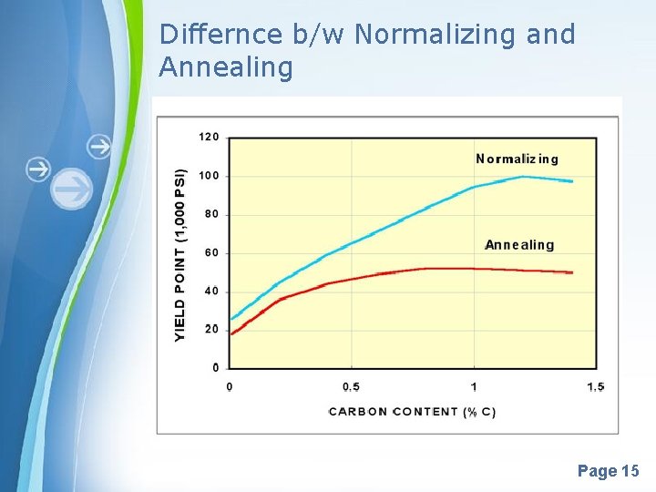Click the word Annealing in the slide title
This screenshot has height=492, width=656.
226,67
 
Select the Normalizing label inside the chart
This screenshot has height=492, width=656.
518,159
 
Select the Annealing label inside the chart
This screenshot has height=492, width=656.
519,245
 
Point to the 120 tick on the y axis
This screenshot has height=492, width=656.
209,137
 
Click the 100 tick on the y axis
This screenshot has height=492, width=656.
209,175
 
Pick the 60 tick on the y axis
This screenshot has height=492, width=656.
210,252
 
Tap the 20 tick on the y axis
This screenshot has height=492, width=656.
210,329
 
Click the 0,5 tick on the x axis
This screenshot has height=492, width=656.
351,387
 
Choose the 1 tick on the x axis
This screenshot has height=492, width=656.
474,387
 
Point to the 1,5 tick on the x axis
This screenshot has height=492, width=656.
596,387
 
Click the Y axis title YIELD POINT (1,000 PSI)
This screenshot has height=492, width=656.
179,255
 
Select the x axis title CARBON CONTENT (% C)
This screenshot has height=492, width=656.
413,412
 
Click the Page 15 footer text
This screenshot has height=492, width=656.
609,471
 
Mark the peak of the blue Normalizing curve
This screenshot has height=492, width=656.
523,177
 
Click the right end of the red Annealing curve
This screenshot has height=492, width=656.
572,272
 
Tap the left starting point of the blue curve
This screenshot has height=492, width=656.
231,320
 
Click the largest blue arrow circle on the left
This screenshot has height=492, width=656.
72,190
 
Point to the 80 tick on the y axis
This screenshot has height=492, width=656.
210,214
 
